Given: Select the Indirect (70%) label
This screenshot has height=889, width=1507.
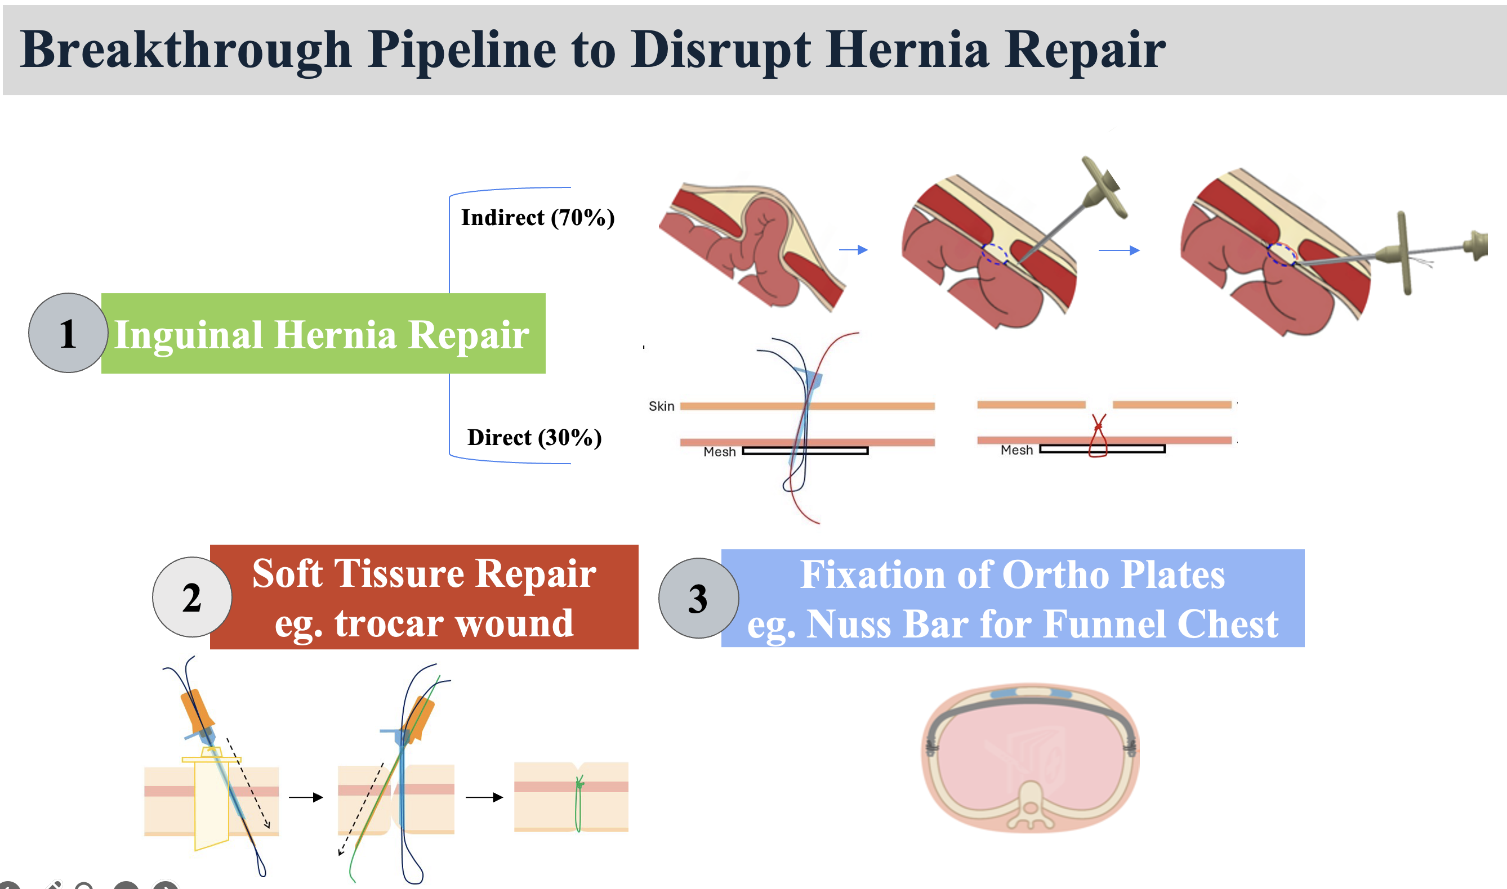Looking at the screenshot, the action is [x=538, y=217].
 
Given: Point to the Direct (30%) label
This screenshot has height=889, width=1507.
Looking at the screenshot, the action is [x=534, y=437].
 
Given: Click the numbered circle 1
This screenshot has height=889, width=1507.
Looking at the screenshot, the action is [x=68, y=333].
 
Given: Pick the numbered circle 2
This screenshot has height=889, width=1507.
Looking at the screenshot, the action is [x=192, y=597].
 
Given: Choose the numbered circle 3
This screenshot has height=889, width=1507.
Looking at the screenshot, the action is [x=698, y=599].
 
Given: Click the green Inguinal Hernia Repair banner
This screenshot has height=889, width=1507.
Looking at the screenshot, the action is [x=323, y=334].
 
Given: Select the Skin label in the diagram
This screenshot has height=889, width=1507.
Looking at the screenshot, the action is [x=661, y=406].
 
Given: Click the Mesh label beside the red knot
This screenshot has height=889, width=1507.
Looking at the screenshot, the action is [x=1016, y=450].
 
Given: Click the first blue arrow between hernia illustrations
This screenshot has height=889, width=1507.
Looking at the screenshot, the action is [x=854, y=250].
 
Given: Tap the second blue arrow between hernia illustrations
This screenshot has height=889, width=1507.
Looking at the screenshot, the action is [x=1119, y=250].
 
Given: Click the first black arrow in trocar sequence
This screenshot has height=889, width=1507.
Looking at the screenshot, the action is [x=306, y=797].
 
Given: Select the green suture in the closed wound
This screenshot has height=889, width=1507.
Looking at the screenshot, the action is [x=578, y=803].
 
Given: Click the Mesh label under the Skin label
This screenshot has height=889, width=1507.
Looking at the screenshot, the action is [x=719, y=452].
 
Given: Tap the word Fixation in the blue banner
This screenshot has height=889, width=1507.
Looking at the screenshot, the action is [x=873, y=574].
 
